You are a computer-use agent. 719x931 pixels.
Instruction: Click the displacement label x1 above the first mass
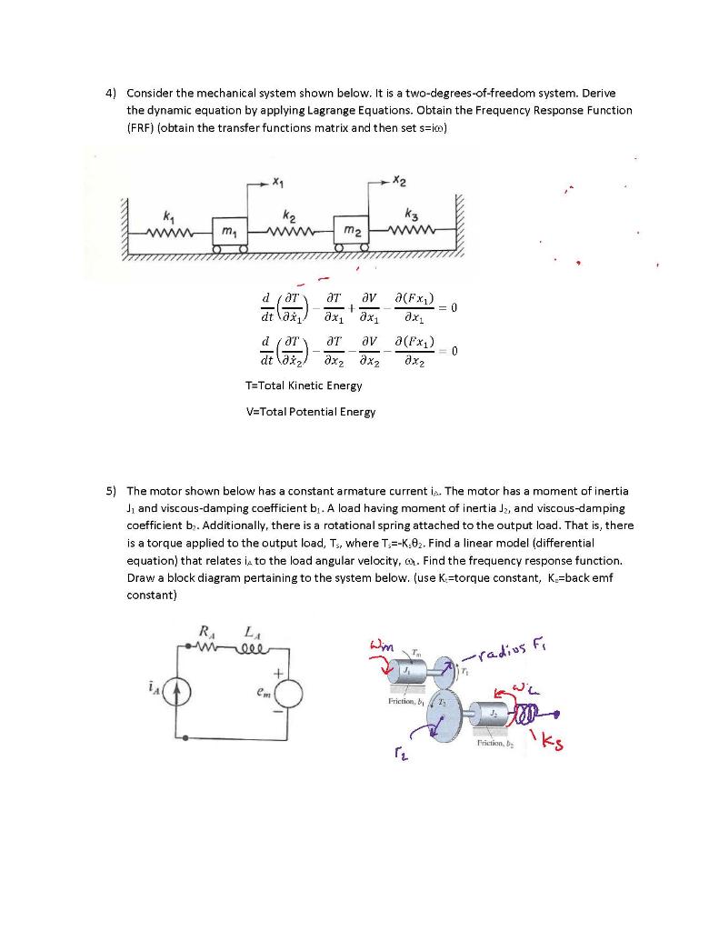(x=274, y=181)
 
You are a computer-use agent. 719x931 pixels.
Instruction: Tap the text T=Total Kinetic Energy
(x=304, y=385)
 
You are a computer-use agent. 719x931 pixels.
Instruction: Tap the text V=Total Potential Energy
(x=310, y=412)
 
